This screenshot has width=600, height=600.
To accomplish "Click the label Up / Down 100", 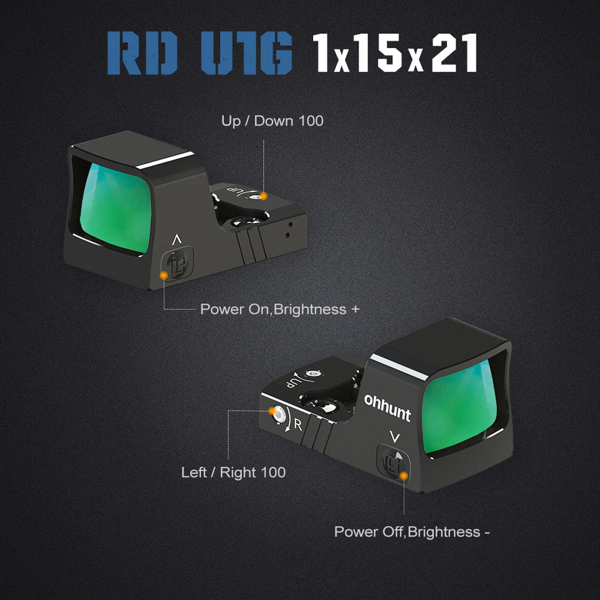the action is point(272,121).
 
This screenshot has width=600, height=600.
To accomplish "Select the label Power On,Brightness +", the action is point(279,309).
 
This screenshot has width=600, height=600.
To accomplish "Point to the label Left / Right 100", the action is point(233,472).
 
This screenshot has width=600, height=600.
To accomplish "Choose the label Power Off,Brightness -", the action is point(412,532).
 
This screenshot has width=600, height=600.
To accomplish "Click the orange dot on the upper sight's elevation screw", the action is point(264,196).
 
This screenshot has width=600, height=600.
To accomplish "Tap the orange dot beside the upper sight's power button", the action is point(164,274).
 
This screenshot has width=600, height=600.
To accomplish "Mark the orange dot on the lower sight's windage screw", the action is point(272,411).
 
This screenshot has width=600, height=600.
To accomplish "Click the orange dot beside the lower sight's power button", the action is point(404,476).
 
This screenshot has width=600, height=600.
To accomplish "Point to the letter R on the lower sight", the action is point(298,425).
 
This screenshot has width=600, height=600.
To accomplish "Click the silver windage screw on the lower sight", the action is point(278,413).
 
